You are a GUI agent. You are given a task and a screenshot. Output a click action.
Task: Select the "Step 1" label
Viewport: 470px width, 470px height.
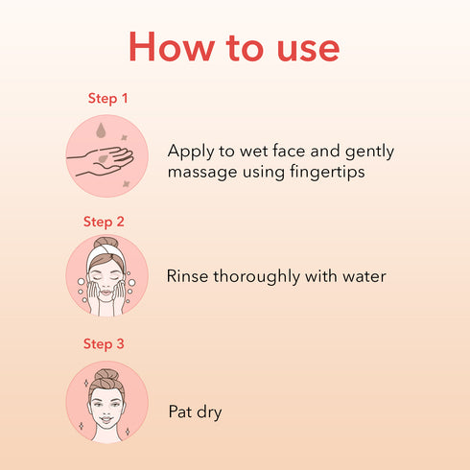(107, 99)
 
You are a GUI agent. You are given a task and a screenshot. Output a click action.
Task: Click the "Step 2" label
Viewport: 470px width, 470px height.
(104, 222)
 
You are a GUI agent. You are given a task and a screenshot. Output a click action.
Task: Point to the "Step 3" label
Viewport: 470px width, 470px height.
(104, 343)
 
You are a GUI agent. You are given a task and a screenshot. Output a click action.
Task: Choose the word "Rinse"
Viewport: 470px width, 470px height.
(189, 276)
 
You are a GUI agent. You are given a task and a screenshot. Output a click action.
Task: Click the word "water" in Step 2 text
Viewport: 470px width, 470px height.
(363, 276)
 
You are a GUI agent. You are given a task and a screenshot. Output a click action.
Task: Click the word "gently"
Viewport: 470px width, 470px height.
(369, 153)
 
